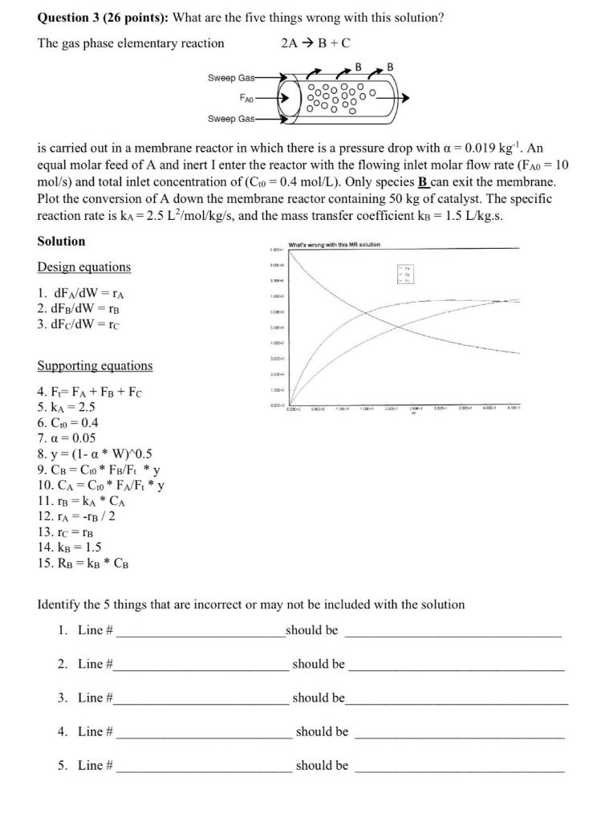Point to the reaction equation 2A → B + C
click(x=316, y=43)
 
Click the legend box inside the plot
click(x=408, y=274)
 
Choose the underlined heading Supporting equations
click(x=95, y=365)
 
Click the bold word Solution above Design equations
click(x=61, y=241)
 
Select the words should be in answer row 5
click(x=322, y=765)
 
